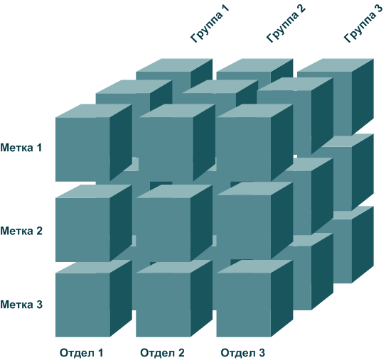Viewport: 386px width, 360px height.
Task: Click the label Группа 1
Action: point(210,23)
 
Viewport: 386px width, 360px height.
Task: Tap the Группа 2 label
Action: point(286,23)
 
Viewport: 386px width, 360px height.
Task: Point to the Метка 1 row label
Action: point(21,148)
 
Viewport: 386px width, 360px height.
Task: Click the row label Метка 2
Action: point(21,231)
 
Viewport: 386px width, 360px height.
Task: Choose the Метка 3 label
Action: point(21,305)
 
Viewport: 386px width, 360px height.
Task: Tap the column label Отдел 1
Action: point(82,353)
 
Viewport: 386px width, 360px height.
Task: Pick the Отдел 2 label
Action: point(162,353)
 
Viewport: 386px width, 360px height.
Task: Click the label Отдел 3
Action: point(242,353)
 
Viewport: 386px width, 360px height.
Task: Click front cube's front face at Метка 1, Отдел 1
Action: point(82,150)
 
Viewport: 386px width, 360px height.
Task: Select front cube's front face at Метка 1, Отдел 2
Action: point(166,150)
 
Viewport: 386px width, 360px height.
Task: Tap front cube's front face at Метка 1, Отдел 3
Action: point(244,150)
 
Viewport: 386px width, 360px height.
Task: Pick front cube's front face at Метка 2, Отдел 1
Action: point(82,230)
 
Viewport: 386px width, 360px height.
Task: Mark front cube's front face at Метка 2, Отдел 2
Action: point(163,230)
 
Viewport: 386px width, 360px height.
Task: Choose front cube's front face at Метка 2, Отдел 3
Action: point(244,227)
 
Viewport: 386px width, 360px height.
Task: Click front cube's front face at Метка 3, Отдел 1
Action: point(82,305)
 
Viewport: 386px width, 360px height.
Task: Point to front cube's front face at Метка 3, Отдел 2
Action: point(163,305)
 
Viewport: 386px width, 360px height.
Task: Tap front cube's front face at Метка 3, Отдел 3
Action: point(244,305)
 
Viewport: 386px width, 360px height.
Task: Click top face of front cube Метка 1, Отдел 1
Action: point(94,111)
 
